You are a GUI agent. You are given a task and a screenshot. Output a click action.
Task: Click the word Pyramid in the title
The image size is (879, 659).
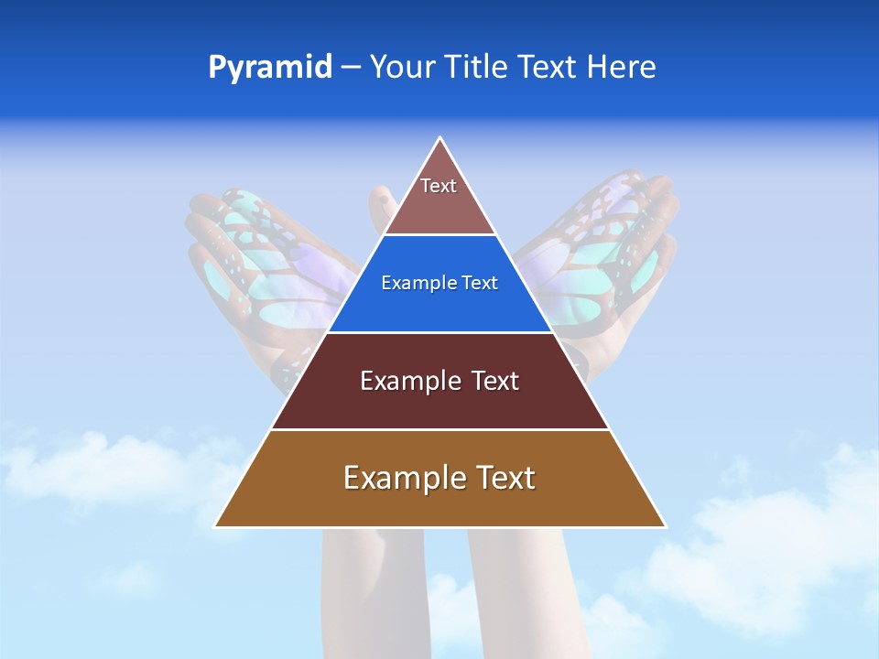[270, 68]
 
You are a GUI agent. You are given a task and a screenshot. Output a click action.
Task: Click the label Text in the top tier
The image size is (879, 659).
[439, 186]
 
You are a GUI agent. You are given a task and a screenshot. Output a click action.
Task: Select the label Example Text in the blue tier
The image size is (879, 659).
[439, 283]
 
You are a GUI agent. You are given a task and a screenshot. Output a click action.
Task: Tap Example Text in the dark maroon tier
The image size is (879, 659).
[439, 381]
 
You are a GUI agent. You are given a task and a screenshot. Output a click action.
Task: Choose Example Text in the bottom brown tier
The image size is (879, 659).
[439, 478]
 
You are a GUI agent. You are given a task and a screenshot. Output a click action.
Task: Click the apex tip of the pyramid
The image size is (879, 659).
[440, 139]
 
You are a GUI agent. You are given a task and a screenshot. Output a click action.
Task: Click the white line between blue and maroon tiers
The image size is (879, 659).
[439, 332]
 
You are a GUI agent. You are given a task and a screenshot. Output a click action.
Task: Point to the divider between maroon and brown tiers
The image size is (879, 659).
[439, 429]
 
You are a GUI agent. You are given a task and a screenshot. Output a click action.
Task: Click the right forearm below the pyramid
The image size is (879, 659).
[522, 586]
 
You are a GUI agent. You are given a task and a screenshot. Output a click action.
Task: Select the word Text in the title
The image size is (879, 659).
[548, 68]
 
